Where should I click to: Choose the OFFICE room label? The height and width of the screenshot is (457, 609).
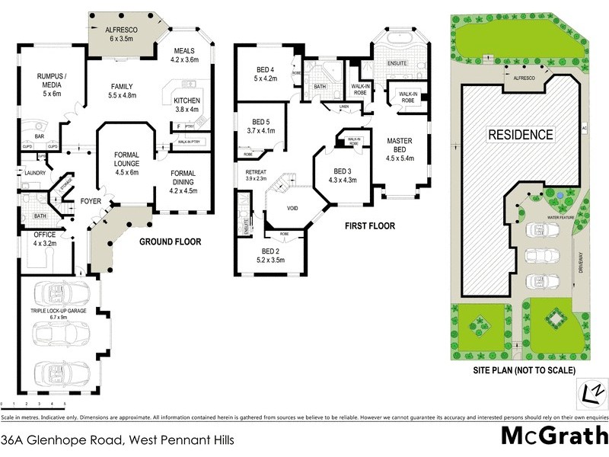pyautogui.click(x=45, y=239)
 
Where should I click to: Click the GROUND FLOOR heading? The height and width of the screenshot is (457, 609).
pyautogui.click(x=170, y=242)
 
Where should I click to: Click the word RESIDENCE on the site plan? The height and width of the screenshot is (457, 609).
pyautogui.click(x=520, y=135)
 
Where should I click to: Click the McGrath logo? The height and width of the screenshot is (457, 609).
pyautogui.click(x=552, y=435)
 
